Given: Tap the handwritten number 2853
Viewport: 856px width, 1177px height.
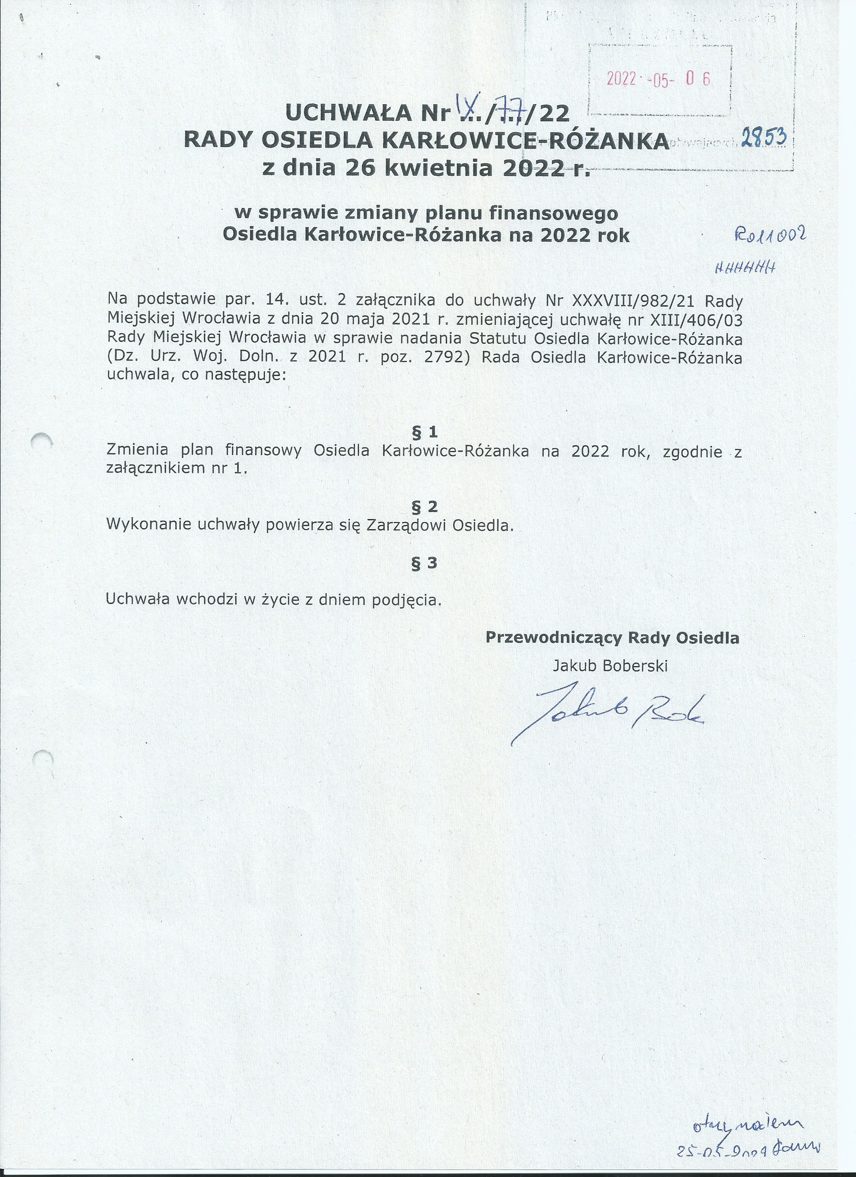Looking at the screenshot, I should tap(763, 138).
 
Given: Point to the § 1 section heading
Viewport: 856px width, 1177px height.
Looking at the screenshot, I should tap(424, 432).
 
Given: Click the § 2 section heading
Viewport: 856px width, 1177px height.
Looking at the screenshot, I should tap(424, 506).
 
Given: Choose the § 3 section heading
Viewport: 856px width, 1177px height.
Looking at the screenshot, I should tap(424, 564).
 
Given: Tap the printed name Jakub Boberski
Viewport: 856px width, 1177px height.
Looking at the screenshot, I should tap(610, 666).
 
